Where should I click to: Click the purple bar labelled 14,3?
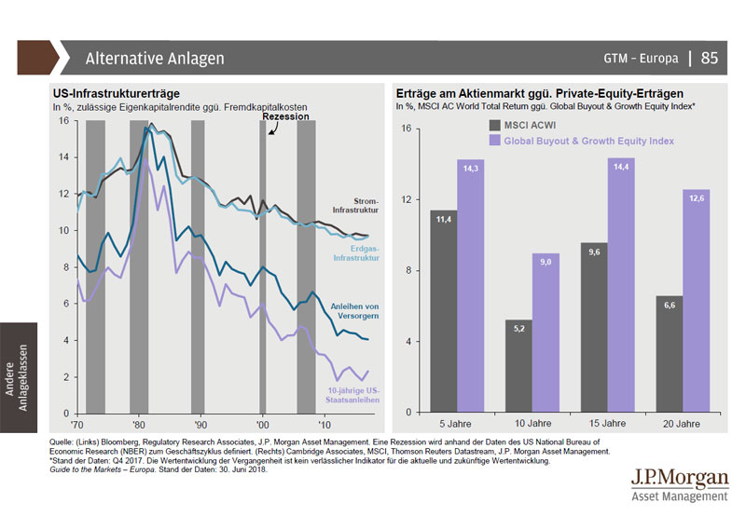click(471, 287)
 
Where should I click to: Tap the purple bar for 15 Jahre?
click(620, 286)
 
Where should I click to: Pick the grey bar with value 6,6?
click(669, 355)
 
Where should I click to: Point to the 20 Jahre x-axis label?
click(682, 424)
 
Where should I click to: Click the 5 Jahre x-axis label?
click(457, 424)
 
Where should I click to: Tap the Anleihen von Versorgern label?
click(355, 310)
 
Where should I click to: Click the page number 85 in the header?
click(710, 59)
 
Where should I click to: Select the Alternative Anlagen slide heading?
click(154, 59)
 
